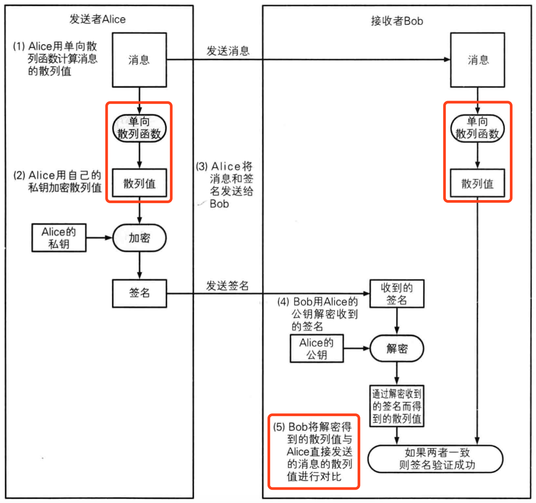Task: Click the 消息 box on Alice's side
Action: [139, 60]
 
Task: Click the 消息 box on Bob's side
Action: [477, 60]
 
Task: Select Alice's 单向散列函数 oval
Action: [139, 128]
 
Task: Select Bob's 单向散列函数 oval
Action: [477, 128]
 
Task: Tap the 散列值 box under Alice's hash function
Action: [139, 183]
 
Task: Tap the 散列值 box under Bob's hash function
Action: [477, 183]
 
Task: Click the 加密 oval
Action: [139, 238]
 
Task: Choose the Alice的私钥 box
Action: [59, 238]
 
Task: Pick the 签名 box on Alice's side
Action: [139, 293]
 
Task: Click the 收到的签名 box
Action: [397, 293]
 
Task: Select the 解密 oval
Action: [397, 349]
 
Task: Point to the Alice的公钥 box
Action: [316, 349]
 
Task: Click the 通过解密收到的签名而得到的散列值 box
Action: [397, 406]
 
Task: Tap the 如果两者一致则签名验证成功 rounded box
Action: [436, 459]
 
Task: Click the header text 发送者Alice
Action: [97, 20]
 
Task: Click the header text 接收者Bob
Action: [397, 21]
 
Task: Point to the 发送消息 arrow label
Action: [228, 51]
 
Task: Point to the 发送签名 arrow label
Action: [227, 286]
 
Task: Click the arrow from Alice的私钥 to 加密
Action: [99, 238]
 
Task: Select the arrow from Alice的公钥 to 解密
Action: [356, 349]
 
